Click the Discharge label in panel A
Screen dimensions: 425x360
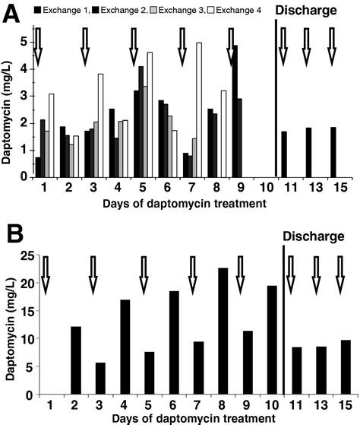[307, 11]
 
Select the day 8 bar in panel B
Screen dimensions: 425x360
[223, 331]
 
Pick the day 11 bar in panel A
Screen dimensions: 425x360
[283, 154]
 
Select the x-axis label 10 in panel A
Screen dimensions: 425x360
[257, 187]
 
